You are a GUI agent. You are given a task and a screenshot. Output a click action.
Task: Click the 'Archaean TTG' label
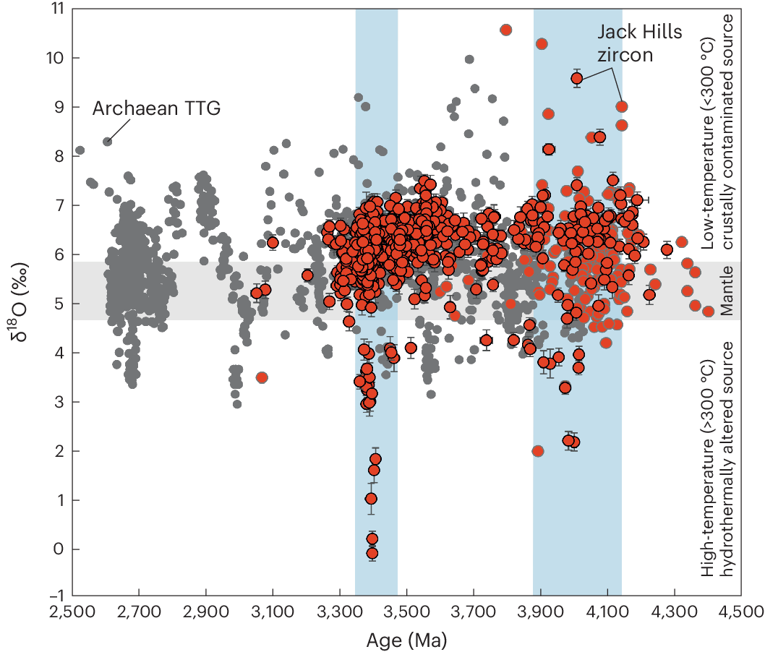click(x=155, y=109)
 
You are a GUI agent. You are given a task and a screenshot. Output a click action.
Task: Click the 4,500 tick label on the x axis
click(x=740, y=612)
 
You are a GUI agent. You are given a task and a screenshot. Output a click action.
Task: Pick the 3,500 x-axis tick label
click(x=406, y=612)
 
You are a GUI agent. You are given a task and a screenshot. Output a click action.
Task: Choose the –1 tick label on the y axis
click(x=54, y=598)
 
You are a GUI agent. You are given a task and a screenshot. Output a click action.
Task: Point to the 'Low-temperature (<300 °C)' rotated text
click(x=709, y=130)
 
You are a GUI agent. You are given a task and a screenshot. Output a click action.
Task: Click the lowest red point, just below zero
click(x=372, y=554)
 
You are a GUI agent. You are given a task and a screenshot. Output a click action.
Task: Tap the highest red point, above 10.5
click(x=506, y=30)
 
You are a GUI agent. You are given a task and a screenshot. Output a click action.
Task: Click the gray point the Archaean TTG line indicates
click(x=107, y=142)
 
